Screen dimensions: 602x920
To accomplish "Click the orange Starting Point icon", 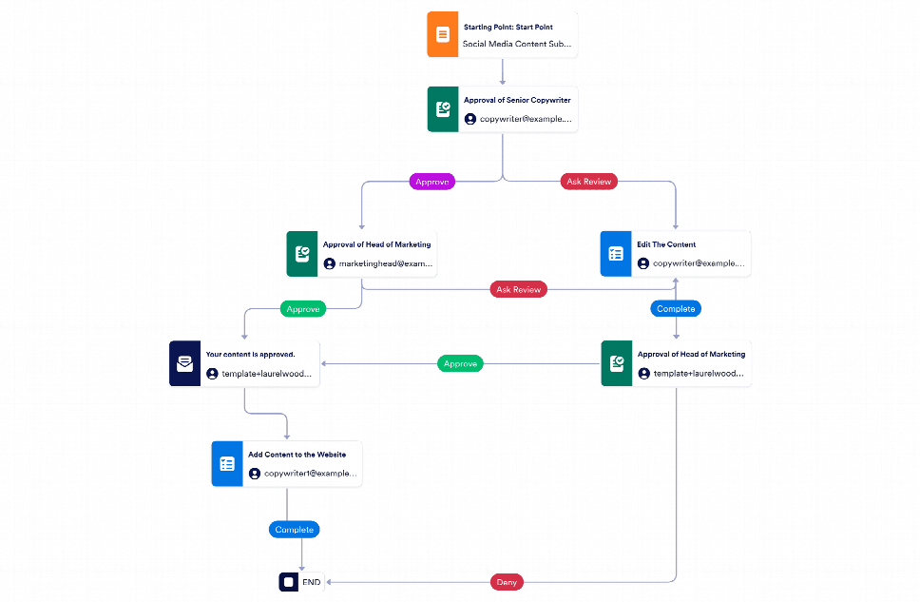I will [x=442, y=35].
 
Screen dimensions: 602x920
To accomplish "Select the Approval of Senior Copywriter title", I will [x=517, y=100].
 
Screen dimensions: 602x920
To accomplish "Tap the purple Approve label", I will [x=432, y=181].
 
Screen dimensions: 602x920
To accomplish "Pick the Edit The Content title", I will [x=666, y=244].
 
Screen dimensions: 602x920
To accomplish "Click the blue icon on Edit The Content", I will [x=615, y=254].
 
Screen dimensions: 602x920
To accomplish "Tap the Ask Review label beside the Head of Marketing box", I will [x=519, y=289].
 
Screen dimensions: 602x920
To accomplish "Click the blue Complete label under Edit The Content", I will [x=676, y=308].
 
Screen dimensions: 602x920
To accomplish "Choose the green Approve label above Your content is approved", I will [x=303, y=308].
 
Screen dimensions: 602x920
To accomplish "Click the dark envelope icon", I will [x=184, y=363].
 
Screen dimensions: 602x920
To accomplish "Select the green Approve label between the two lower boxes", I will [x=460, y=363].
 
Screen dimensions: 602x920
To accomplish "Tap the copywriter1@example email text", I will [x=310, y=473].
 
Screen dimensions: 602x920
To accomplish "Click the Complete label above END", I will [x=294, y=529].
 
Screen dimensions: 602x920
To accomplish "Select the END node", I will [x=301, y=581].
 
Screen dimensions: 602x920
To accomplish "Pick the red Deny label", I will [x=507, y=581].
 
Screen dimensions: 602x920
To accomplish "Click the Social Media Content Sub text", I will [x=517, y=44].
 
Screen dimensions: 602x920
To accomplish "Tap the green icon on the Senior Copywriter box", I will [x=442, y=109].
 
